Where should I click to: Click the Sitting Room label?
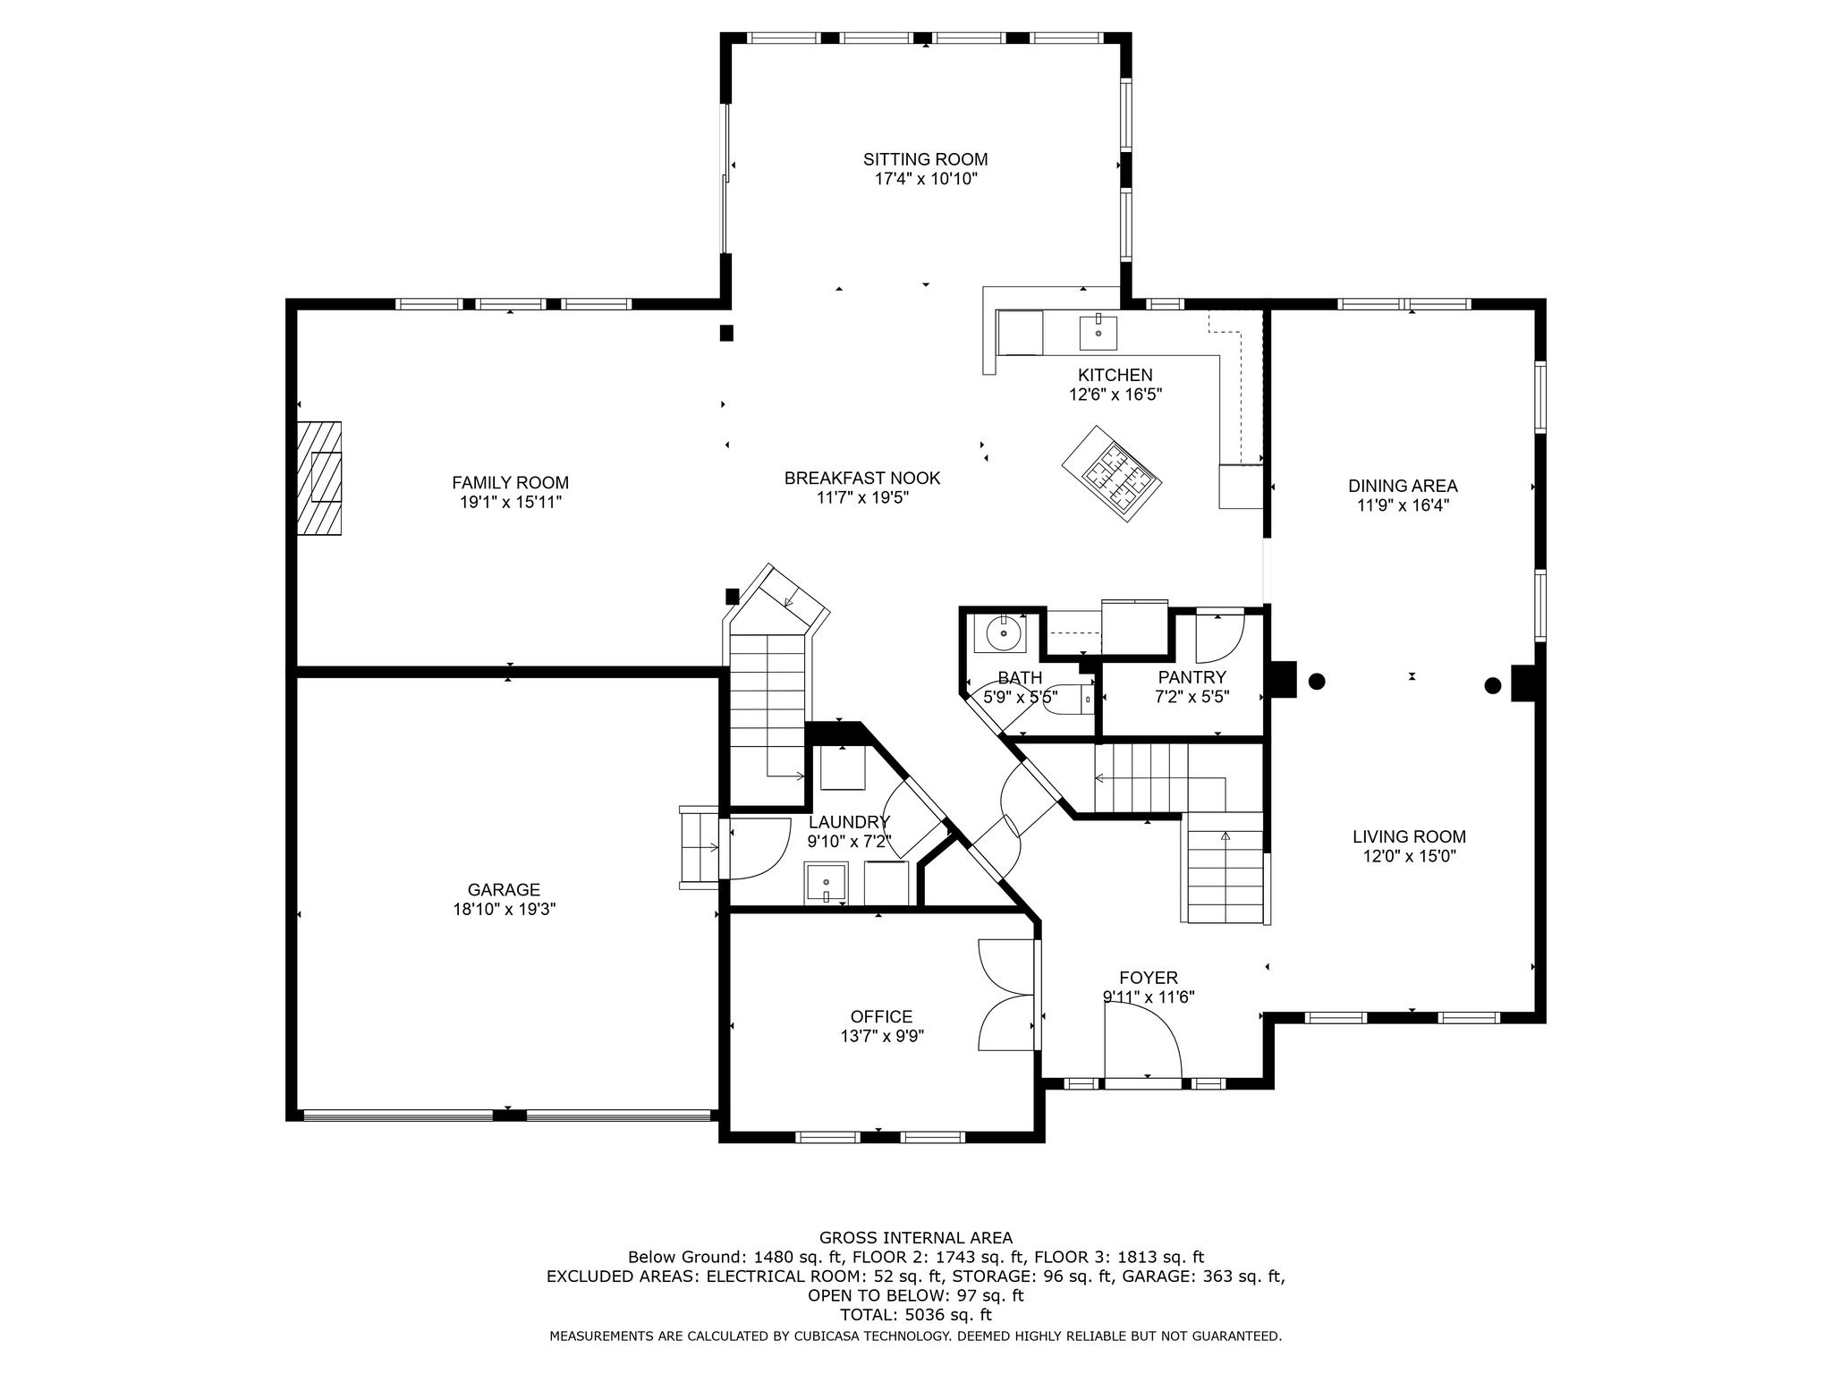[925, 160]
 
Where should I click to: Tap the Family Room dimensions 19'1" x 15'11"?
[510, 503]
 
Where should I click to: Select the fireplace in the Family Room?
[319, 479]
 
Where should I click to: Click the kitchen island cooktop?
[1113, 471]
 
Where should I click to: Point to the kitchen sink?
[1098, 332]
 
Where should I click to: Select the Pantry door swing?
[1220, 636]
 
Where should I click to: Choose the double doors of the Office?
[1007, 995]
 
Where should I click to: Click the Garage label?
[504, 890]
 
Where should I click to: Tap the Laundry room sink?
[825, 885]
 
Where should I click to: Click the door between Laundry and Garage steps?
[759, 849]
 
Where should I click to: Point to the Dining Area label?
[1403, 486]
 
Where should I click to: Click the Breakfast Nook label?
[862, 479]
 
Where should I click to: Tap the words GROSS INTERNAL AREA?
[916, 1238]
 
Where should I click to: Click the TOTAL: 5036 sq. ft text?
[916, 1315]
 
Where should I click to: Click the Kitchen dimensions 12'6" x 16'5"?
[1115, 394]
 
